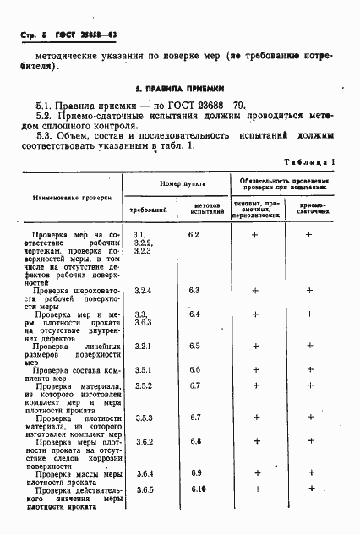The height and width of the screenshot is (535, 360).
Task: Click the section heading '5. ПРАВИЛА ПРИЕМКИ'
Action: click(180, 88)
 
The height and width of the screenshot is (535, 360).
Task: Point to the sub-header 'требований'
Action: click(147, 208)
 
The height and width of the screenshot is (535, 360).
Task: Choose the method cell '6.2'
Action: click(194, 233)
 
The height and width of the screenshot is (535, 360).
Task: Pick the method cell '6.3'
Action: click(194, 290)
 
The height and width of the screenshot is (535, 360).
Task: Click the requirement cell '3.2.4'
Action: click(143, 291)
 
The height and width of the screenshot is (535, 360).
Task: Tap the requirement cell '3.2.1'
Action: click(143, 346)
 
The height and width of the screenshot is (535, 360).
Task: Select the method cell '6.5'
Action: click(194, 346)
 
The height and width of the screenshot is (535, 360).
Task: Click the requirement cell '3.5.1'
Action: click(143, 370)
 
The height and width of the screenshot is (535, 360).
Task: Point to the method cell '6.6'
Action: click(194, 370)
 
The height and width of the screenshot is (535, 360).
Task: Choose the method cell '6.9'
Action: click(196, 472)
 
